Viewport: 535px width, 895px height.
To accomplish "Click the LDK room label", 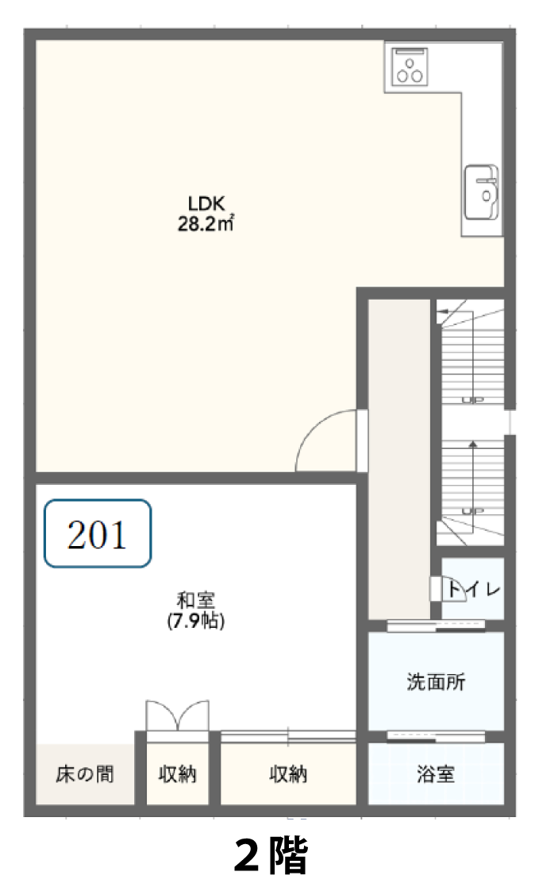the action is coord(206,203).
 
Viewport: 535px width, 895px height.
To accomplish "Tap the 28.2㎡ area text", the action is coord(206,224).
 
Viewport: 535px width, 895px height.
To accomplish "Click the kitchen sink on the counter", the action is coord(482,193).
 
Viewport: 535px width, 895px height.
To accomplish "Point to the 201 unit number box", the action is coord(98,533).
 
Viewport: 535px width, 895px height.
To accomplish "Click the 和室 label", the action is coord(195,600).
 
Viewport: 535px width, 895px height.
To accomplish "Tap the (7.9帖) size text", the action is coord(195,621).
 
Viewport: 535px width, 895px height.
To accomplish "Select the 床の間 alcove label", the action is coord(85,774).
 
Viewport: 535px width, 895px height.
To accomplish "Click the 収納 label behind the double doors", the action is coord(177,774).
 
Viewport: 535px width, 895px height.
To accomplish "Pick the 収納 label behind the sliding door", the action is coord(287,774).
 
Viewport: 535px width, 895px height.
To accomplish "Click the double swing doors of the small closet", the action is coord(177,715).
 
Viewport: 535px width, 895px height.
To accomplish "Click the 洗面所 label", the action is coord(436,681).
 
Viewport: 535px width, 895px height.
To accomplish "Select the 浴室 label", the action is coord(436,774).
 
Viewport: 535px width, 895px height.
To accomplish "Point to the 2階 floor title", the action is coord(271,855).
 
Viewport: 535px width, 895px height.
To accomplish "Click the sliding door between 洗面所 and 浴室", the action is coord(436,736).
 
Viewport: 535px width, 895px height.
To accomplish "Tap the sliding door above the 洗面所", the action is coord(436,626).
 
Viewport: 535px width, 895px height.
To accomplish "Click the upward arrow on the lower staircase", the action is coord(472,475).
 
